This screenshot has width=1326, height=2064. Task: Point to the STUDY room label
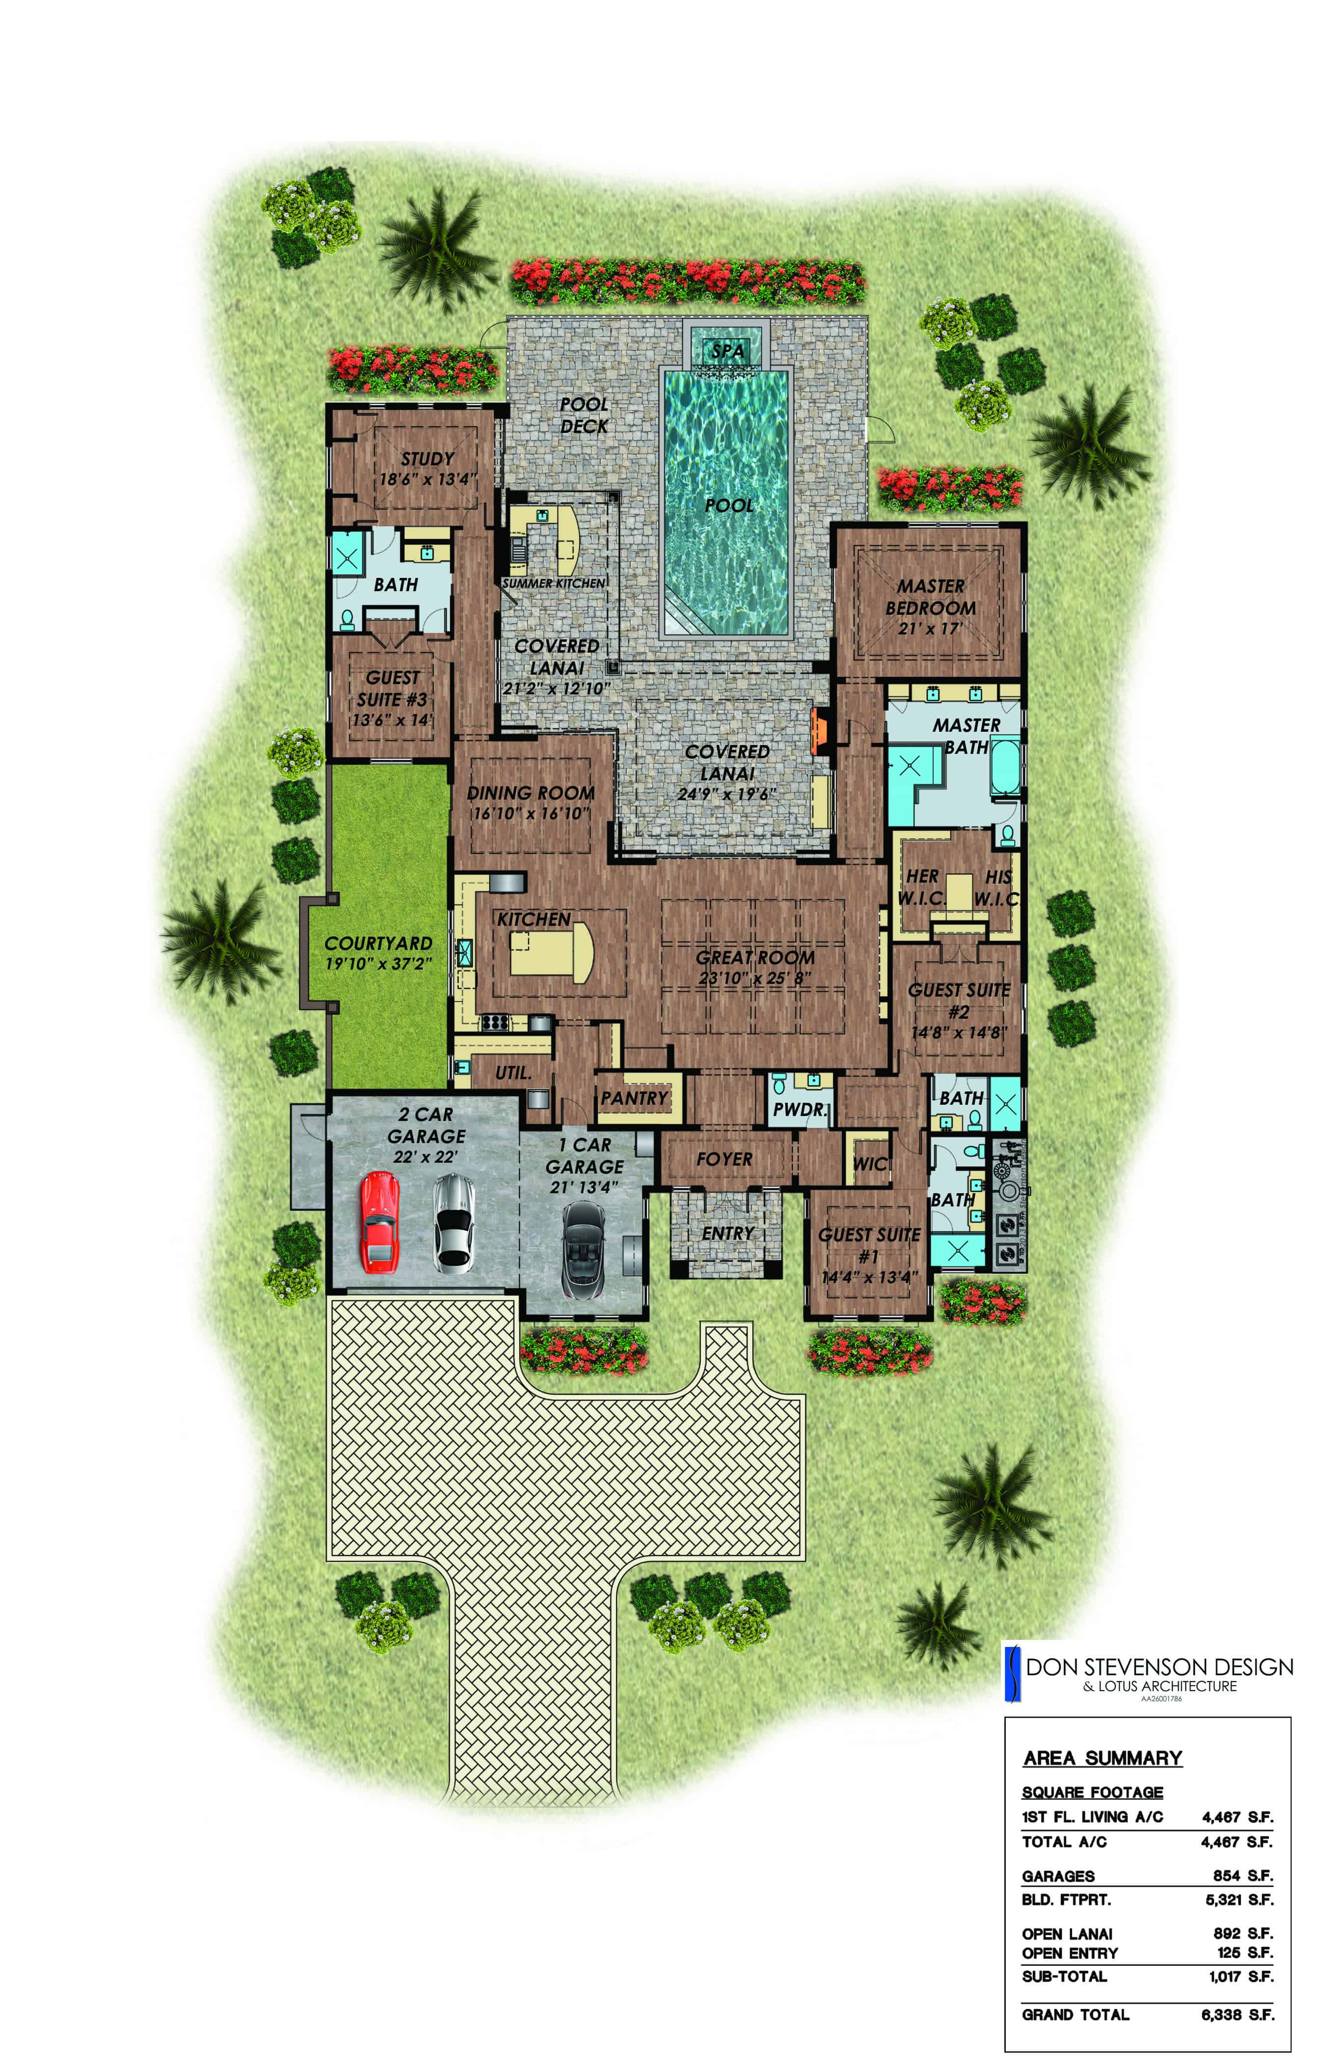427,459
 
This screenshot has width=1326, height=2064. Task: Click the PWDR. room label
799,1110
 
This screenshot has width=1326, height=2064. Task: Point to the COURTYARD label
378,943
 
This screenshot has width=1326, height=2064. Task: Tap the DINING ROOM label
530,793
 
